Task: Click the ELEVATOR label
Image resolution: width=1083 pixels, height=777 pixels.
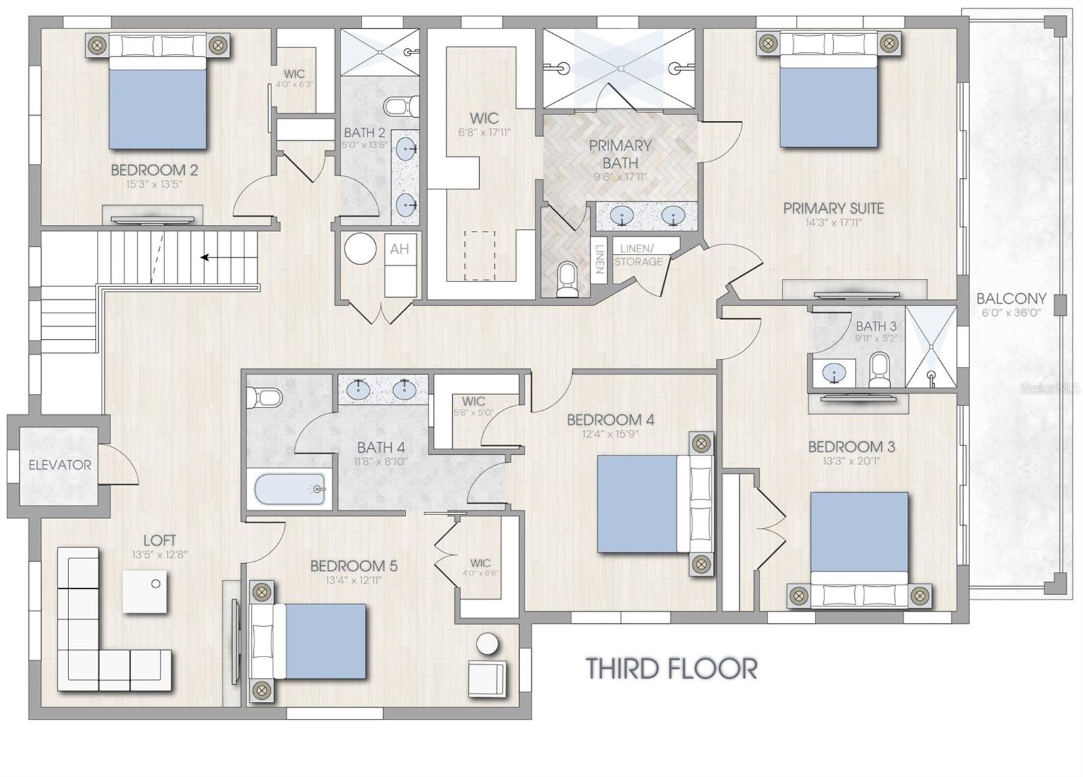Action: [x=60, y=465]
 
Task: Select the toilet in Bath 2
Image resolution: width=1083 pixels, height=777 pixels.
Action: [x=402, y=106]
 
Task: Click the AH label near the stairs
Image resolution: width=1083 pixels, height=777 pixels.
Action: [x=399, y=249]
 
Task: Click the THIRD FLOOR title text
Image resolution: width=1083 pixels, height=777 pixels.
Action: [x=671, y=668]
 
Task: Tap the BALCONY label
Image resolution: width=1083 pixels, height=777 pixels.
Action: [x=1011, y=298]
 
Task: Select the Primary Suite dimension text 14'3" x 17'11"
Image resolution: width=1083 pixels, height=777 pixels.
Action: [x=833, y=223]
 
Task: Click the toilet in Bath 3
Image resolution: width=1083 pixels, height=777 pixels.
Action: [x=879, y=370]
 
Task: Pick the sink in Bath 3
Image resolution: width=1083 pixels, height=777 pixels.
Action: [x=834, y=373]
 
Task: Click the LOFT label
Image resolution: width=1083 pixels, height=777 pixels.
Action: [x=160, y=541]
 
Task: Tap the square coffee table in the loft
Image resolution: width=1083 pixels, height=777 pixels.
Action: [x=145, y=592]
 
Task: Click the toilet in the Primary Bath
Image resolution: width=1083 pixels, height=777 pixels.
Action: [x=567, y=280]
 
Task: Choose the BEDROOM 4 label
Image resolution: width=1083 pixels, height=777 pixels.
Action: [x=610, y=420]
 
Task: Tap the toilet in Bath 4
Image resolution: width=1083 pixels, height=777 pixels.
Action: [x=265, y=397]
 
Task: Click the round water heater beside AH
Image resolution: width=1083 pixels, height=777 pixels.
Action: [x=360, y=248]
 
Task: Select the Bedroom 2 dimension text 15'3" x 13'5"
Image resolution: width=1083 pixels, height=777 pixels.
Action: [x=154, y=184]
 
